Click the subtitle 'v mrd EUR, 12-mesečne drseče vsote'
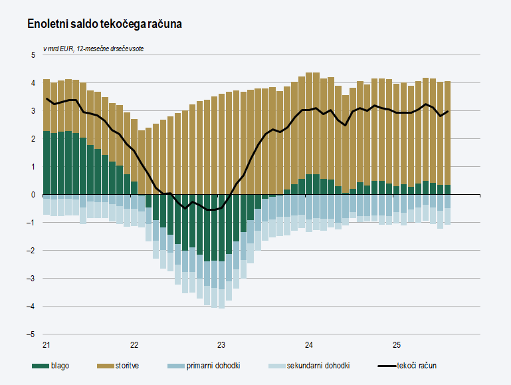coord(93,49)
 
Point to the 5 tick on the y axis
coord(33,55)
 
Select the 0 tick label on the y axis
coord(33,195)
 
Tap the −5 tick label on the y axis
coord(31,334)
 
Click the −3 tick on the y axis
coord(31,279)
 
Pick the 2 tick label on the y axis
coord(33,139)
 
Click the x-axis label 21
coord(46,345)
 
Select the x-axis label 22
coord(134,345)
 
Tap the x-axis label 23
coord(221,345)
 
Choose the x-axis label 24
coord(309,345)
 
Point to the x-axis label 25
coord(397,345)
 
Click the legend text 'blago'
coord(58,366)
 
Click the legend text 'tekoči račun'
coord(417,366)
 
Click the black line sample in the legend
coord(386,366)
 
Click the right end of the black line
coord(449,111)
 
